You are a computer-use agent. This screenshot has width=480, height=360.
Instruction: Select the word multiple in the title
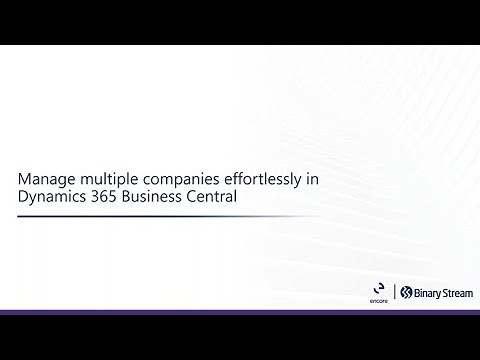[106, 179]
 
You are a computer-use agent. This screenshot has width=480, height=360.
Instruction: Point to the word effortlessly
[256, 179]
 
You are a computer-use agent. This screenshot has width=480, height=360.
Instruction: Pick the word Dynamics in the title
[51, 197]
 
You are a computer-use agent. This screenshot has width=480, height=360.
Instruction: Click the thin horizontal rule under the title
[170, 216]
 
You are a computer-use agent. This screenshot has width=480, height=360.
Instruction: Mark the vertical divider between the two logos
[394, 292]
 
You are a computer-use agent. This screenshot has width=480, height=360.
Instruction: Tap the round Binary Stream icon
[406, 292]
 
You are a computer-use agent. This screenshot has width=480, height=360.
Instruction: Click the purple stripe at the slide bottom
[240, 313]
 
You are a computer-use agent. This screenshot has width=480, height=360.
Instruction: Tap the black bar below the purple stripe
[240, 338]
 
